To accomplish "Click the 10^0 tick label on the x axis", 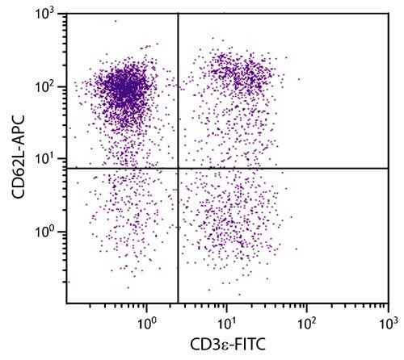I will click(x=147, y=324).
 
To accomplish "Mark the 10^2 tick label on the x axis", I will click(x=307, y=324).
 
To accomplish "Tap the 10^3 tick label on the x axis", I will click(x=387, y=324).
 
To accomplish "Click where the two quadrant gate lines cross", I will click(x=178, y=168).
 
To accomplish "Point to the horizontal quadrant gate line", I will click(x=283, y=168).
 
